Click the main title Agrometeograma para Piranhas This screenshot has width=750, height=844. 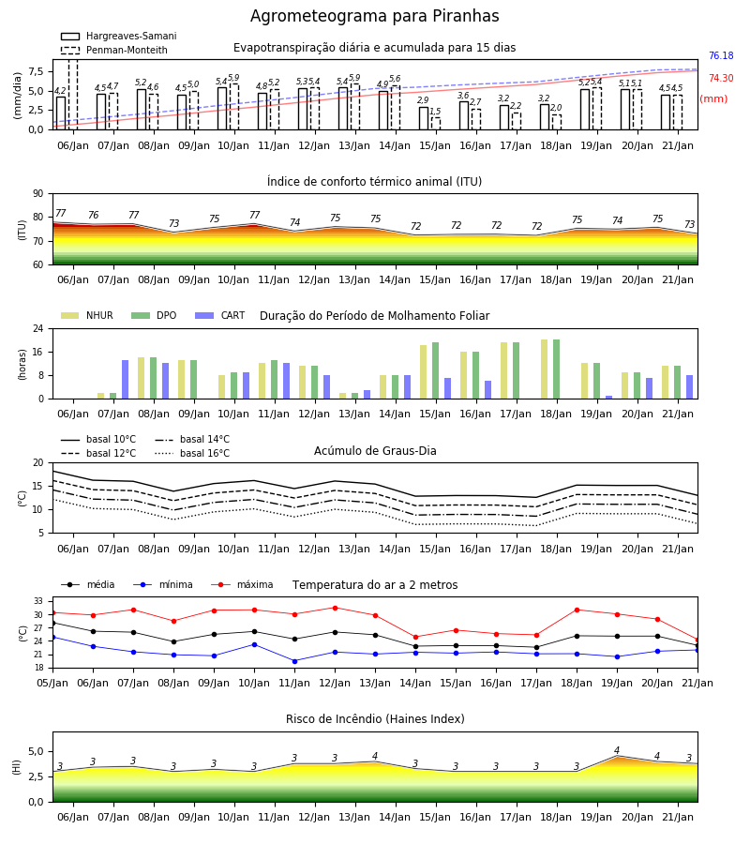click(374, 16)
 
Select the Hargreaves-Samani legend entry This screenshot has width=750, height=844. click(119, 36)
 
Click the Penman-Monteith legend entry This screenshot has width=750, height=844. click(114, 50)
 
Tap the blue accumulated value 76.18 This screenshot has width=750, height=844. click(721, 55)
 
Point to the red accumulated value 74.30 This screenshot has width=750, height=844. click(721, 78)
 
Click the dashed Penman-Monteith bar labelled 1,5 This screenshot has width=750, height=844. click(435, 124)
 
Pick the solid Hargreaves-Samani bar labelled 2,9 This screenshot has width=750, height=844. click(424, 118)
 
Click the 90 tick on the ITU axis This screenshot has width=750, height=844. click(38, 194)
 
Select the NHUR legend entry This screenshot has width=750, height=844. click(87, 315)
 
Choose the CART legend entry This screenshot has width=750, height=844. click(220, 315)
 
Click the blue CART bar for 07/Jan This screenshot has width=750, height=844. click(125, 380)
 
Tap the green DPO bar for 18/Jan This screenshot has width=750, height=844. click(556, 369)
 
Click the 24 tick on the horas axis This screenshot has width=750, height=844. click(38, 328)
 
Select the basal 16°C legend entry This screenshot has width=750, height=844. click(192, 453)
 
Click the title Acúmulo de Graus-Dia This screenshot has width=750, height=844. click(375, 450)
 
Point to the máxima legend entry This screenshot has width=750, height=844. click(242, 584)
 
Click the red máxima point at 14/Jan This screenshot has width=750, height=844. click(415, 638)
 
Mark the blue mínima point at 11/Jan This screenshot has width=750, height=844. click(294, 661)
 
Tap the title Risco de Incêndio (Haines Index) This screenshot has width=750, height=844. click(375, 719)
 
